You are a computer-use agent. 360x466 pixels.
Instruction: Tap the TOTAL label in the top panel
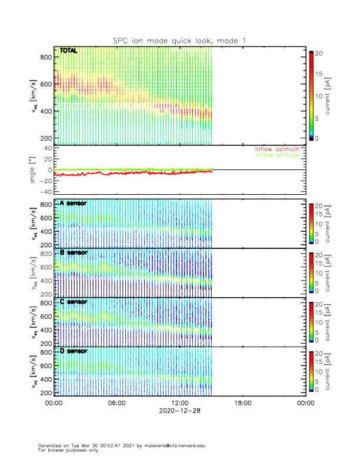[68, 51]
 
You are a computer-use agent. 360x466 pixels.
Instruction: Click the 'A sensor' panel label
[74, 204]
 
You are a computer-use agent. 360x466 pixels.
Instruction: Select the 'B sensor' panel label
[74, 252]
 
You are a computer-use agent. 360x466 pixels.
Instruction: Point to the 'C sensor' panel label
[74, 302]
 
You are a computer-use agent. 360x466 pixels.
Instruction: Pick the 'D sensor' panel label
[74, 351]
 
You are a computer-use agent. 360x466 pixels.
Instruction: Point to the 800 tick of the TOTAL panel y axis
[46, 57]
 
